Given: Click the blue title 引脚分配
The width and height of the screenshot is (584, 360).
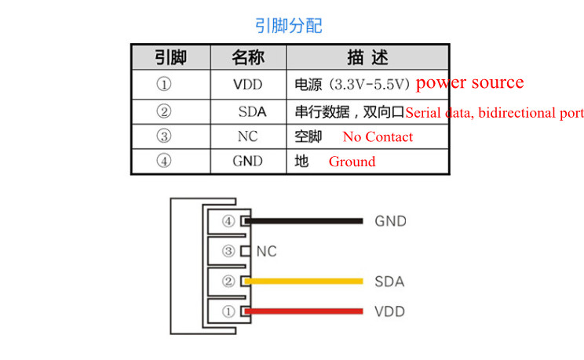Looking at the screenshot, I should click(288, 25).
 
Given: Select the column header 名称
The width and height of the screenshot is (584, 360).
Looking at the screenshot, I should click(248, 57).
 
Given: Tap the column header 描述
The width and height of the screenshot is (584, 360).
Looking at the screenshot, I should click(367, 57).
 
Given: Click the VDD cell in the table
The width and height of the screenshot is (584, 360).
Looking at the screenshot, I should click(248, 84).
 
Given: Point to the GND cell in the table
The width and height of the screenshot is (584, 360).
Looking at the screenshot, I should click(248, 162).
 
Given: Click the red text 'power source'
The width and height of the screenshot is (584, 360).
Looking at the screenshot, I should click(469, 82).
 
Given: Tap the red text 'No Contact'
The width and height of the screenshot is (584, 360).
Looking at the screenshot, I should click(378, 136).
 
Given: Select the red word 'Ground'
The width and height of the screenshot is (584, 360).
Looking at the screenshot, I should click(352, 162).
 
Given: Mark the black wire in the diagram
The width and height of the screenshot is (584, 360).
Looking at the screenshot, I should click(306, 221).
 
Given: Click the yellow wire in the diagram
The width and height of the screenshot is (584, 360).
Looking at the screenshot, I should click(306, 282).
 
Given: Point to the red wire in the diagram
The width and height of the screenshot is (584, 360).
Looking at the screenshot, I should click(306, 311).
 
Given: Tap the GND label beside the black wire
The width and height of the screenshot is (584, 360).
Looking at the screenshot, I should click(390, 221).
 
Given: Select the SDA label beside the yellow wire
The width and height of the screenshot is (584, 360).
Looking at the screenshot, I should click(389, 282).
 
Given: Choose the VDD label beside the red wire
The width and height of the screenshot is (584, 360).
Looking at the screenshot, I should click(389, 311).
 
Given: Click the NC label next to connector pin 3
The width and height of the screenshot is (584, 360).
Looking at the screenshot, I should click(267, 252).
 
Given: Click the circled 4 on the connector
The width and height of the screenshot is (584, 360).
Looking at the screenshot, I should click(228, 221).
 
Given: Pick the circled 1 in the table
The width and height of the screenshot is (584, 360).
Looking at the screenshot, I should click(164, 84).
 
